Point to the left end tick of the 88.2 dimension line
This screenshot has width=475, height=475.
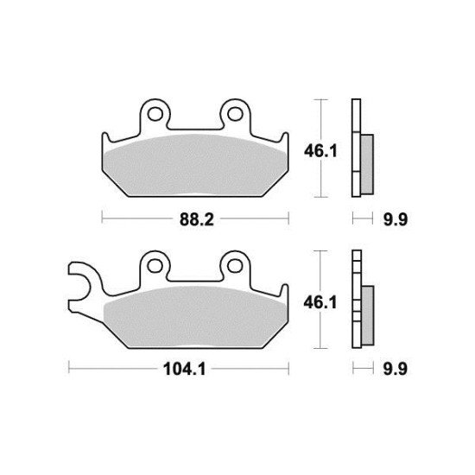[x=102, y=218]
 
